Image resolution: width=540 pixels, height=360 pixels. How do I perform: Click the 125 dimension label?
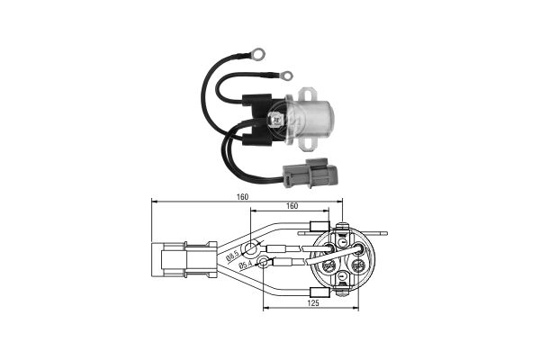point(313,303)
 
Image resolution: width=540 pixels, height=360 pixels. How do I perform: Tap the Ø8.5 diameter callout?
point(232,256)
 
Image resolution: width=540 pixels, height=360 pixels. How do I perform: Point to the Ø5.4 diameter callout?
point(246,265)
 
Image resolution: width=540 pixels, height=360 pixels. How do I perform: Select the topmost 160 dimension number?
point(242,197)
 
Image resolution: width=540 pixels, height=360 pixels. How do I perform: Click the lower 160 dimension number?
point(292,206)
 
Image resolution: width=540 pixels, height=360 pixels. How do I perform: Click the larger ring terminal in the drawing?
point(251,248)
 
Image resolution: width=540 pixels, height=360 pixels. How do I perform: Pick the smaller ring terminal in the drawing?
point(264,263)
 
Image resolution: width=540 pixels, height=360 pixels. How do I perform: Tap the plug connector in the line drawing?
point(184,259)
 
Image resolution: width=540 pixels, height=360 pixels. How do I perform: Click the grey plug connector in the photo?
point(305,173)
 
